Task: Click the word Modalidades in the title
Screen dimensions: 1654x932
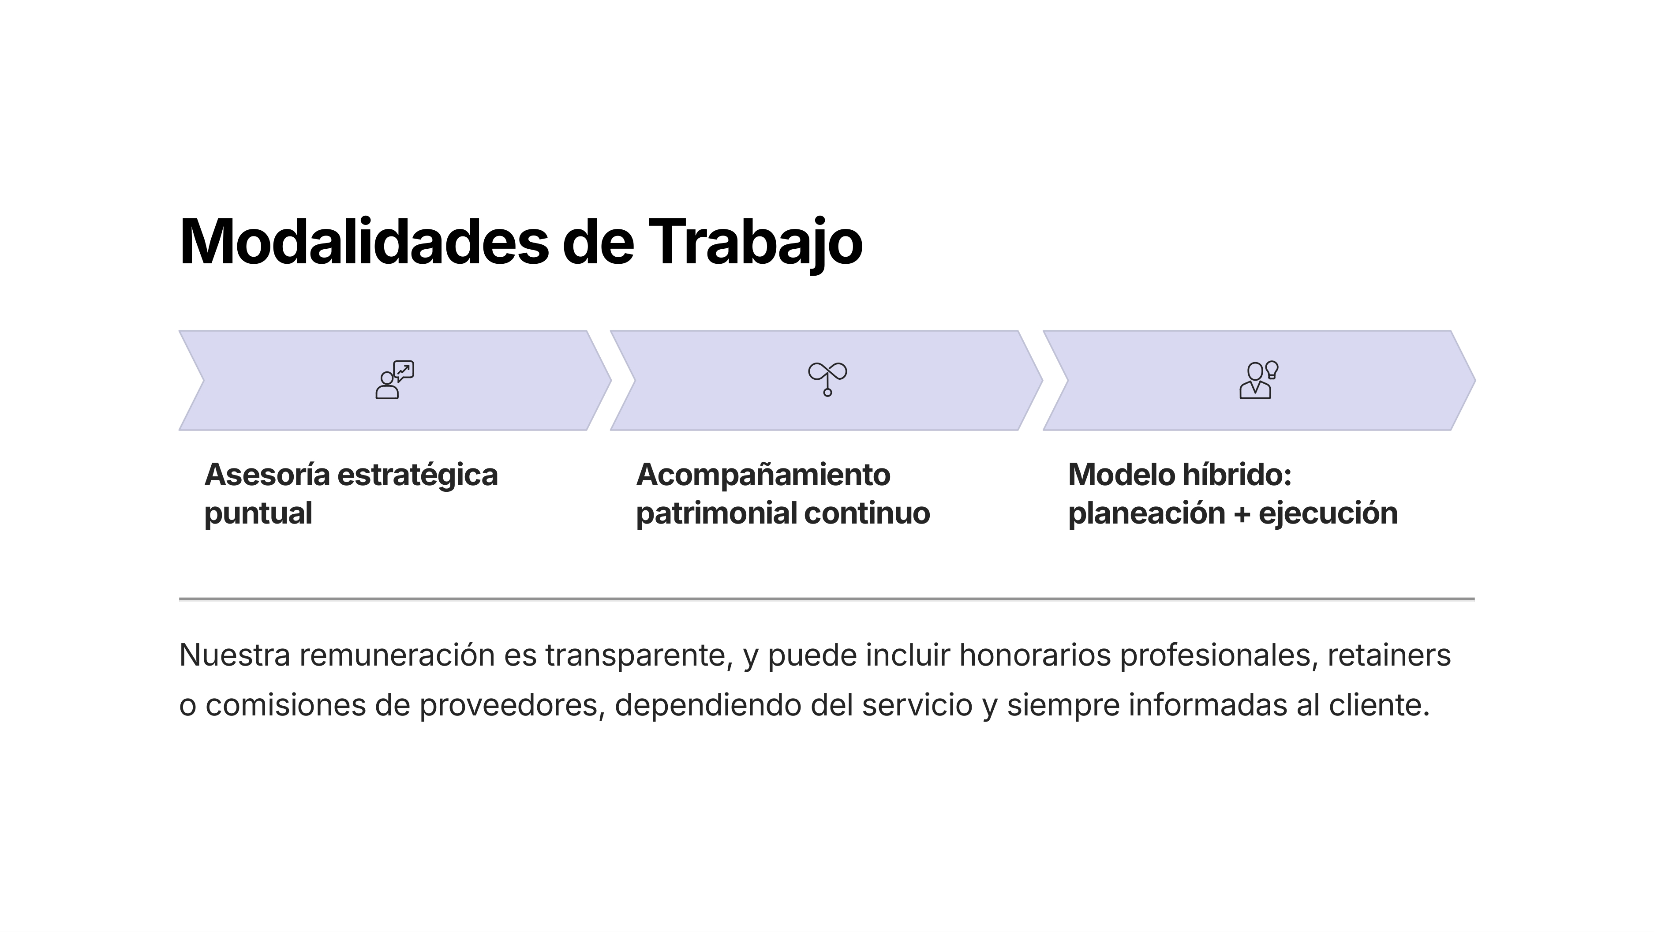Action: (x=364, y=242)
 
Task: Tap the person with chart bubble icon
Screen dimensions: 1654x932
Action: (x=395, y=380)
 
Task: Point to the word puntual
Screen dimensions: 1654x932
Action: (x=258, y=514)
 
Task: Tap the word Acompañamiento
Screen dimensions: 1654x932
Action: (x=763, y=476)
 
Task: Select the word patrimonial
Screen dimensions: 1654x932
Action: (x=717, y=514)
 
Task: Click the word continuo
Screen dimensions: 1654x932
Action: (x=867, y=513)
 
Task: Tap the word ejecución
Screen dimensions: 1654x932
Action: (x=1328, y=513)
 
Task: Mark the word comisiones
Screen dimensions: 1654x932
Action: (x=286, y=705)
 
